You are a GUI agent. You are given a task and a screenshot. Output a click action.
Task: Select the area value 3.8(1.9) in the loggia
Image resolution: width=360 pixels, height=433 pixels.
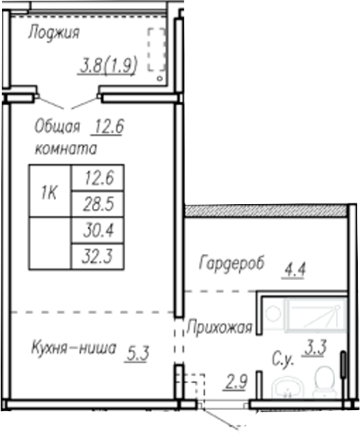tap(109, 66)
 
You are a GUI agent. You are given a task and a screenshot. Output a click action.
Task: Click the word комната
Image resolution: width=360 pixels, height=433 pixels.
tap(65, 148)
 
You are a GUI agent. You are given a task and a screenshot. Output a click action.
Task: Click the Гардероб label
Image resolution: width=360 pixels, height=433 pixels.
tap(231, 264)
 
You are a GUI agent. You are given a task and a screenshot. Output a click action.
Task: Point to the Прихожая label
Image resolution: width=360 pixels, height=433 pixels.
tap(220, 328)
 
